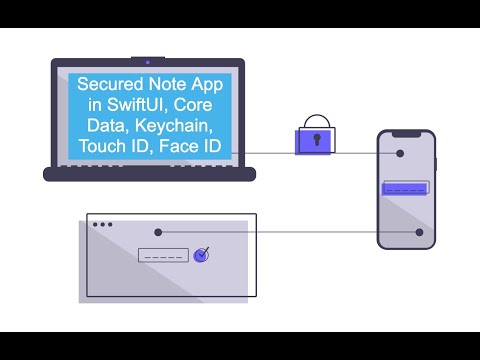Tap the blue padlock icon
(x=312, y=138)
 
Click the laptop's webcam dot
(x=148, y=62)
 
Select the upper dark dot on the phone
(x=400, y=154)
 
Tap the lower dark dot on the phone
(x=420, y=233)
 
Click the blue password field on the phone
(x=406, y=187)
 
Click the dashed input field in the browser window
(x=163, y=255)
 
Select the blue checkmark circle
(x=202, y=254)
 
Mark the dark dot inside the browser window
(x=158, y=232)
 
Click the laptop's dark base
(x=150, y=174)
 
